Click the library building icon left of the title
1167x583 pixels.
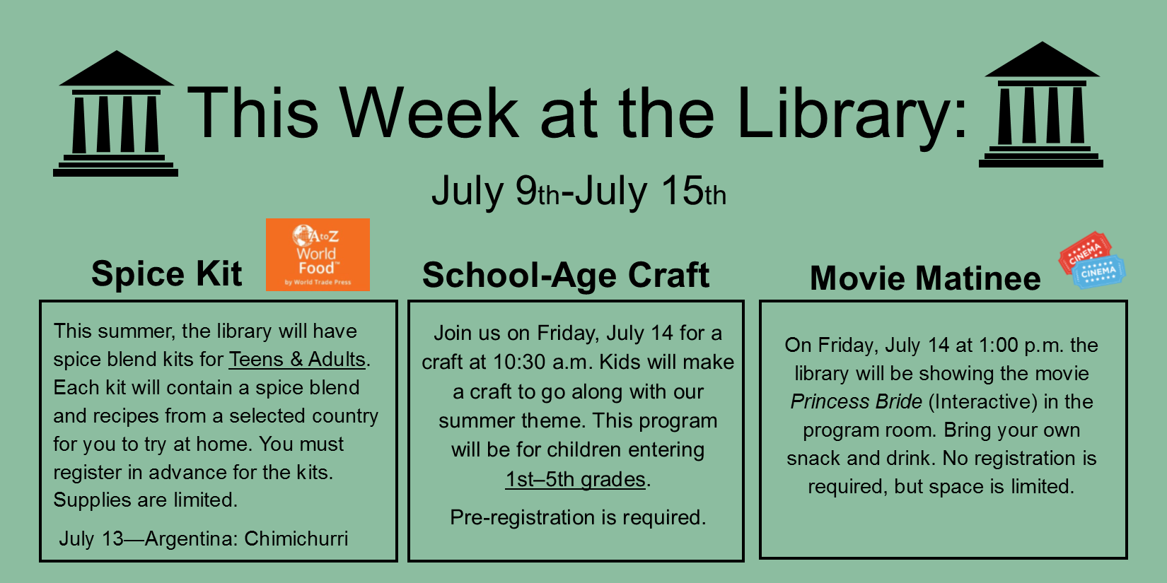(116, 114)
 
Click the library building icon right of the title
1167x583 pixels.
(1041, 105)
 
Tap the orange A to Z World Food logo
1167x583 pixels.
(318, 254)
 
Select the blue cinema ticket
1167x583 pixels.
(1099, 272)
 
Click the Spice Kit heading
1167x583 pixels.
(167, 273)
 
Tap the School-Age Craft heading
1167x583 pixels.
(566, 275)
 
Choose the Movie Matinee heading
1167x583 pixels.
(925, 278)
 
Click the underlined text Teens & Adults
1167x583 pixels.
(297, 359)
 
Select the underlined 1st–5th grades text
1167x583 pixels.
(576, 479)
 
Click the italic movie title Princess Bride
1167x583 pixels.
(856, 402)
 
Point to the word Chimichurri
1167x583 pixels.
(296, 538)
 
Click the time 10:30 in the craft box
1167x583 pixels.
(519, 362)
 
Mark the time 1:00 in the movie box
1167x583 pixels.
(998, 345)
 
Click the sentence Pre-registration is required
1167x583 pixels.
(578, 517)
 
